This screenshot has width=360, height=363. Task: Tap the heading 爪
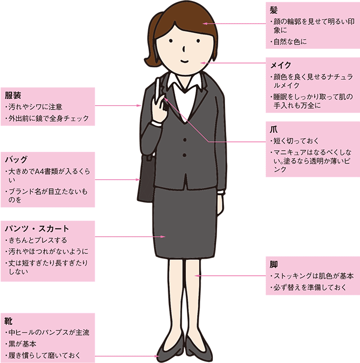pos(273,129)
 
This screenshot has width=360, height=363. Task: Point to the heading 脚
pos(273,264)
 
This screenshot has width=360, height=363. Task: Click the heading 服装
pos(13,95)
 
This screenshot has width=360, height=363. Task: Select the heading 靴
pos(9,321)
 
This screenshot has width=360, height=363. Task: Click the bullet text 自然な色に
pos(291,41)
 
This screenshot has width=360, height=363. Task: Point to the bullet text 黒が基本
pos(23,344)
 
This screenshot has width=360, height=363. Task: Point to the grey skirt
pos(183,222)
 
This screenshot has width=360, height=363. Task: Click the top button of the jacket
pos(185,140)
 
